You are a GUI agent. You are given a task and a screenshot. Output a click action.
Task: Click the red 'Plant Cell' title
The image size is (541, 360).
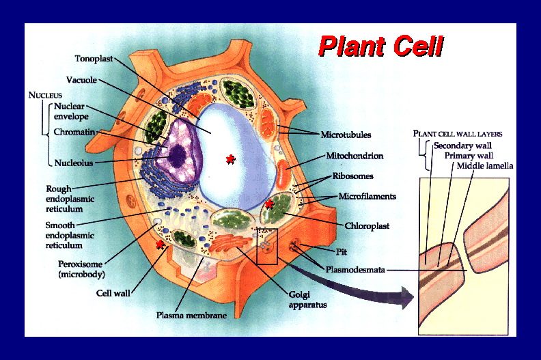[381, 46]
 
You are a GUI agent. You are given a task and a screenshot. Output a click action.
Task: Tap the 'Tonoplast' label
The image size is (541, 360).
[94, 59]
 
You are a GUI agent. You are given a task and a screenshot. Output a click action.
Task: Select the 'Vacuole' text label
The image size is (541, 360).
[81, 80]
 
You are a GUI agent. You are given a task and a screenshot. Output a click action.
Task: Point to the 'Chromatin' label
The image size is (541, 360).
[74, 132]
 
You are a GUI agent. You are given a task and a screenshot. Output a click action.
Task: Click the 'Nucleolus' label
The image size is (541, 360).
[74, 163]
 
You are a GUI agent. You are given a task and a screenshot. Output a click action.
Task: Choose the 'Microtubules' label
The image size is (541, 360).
[346, 135]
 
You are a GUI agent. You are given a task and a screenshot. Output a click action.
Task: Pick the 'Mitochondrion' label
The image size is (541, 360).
[355, 156]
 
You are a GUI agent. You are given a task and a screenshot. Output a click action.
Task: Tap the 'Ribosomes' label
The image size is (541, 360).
[352, 176]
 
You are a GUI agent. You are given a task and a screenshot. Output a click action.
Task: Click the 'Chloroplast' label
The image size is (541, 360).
[367, 226]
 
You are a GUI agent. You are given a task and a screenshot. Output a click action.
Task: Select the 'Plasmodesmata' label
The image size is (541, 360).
[355, 270]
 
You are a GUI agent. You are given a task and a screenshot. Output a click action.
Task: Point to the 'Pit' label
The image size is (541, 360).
[342, 251]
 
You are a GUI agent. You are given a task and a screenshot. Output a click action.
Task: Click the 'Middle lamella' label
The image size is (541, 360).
[485, 166]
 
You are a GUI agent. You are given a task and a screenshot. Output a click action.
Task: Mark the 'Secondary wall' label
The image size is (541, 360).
[462, 146]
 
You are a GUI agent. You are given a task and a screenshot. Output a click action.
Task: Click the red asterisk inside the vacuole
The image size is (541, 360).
[230, 159]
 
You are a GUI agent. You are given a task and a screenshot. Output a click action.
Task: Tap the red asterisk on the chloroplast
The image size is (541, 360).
[269, 204]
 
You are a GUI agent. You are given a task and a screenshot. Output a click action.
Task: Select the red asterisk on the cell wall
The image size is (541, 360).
[160, 245]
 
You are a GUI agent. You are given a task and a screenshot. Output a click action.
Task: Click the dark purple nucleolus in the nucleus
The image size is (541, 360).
[178, 156]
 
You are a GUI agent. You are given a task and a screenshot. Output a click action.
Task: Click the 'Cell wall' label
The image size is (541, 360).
[113, 293]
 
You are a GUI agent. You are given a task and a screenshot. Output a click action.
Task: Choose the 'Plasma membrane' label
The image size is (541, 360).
[191, 315]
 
